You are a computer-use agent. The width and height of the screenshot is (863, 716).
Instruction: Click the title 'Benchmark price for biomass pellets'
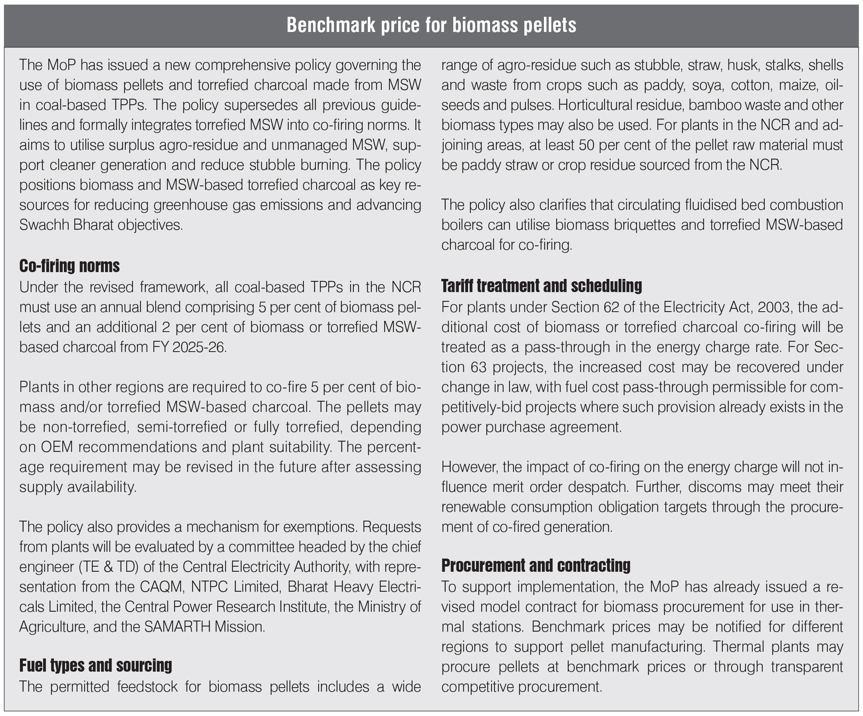point(431,26)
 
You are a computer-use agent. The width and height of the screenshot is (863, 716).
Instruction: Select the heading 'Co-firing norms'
point(69,266)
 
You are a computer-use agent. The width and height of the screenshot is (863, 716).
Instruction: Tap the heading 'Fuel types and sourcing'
point(95,665)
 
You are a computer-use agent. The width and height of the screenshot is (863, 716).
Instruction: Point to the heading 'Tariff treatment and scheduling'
point(541,286)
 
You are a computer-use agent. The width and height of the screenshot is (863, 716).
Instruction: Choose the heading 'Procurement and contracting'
point(536,566)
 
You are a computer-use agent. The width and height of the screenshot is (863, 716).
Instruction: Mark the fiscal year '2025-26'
point(199,347)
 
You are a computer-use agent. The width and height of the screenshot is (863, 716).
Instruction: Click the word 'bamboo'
point(717,105)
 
